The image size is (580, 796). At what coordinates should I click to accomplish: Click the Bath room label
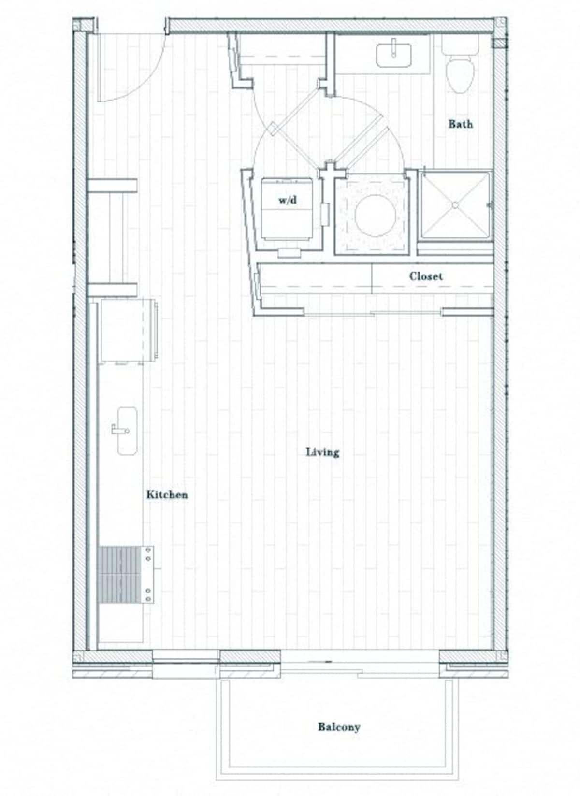460,124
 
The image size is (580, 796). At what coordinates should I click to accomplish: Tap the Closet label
425,276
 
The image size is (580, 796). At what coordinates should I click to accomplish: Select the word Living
322,452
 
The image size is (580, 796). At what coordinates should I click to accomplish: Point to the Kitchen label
167,494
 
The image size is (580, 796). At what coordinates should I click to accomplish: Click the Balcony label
339,726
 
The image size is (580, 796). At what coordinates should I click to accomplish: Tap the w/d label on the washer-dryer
288,200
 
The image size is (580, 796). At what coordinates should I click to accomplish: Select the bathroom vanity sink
394,55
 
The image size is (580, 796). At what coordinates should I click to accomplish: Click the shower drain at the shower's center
455,205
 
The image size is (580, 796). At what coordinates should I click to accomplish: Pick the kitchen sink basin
127,431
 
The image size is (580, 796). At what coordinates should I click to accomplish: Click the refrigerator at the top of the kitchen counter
127,330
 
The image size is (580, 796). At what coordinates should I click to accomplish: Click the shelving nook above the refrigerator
112,237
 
